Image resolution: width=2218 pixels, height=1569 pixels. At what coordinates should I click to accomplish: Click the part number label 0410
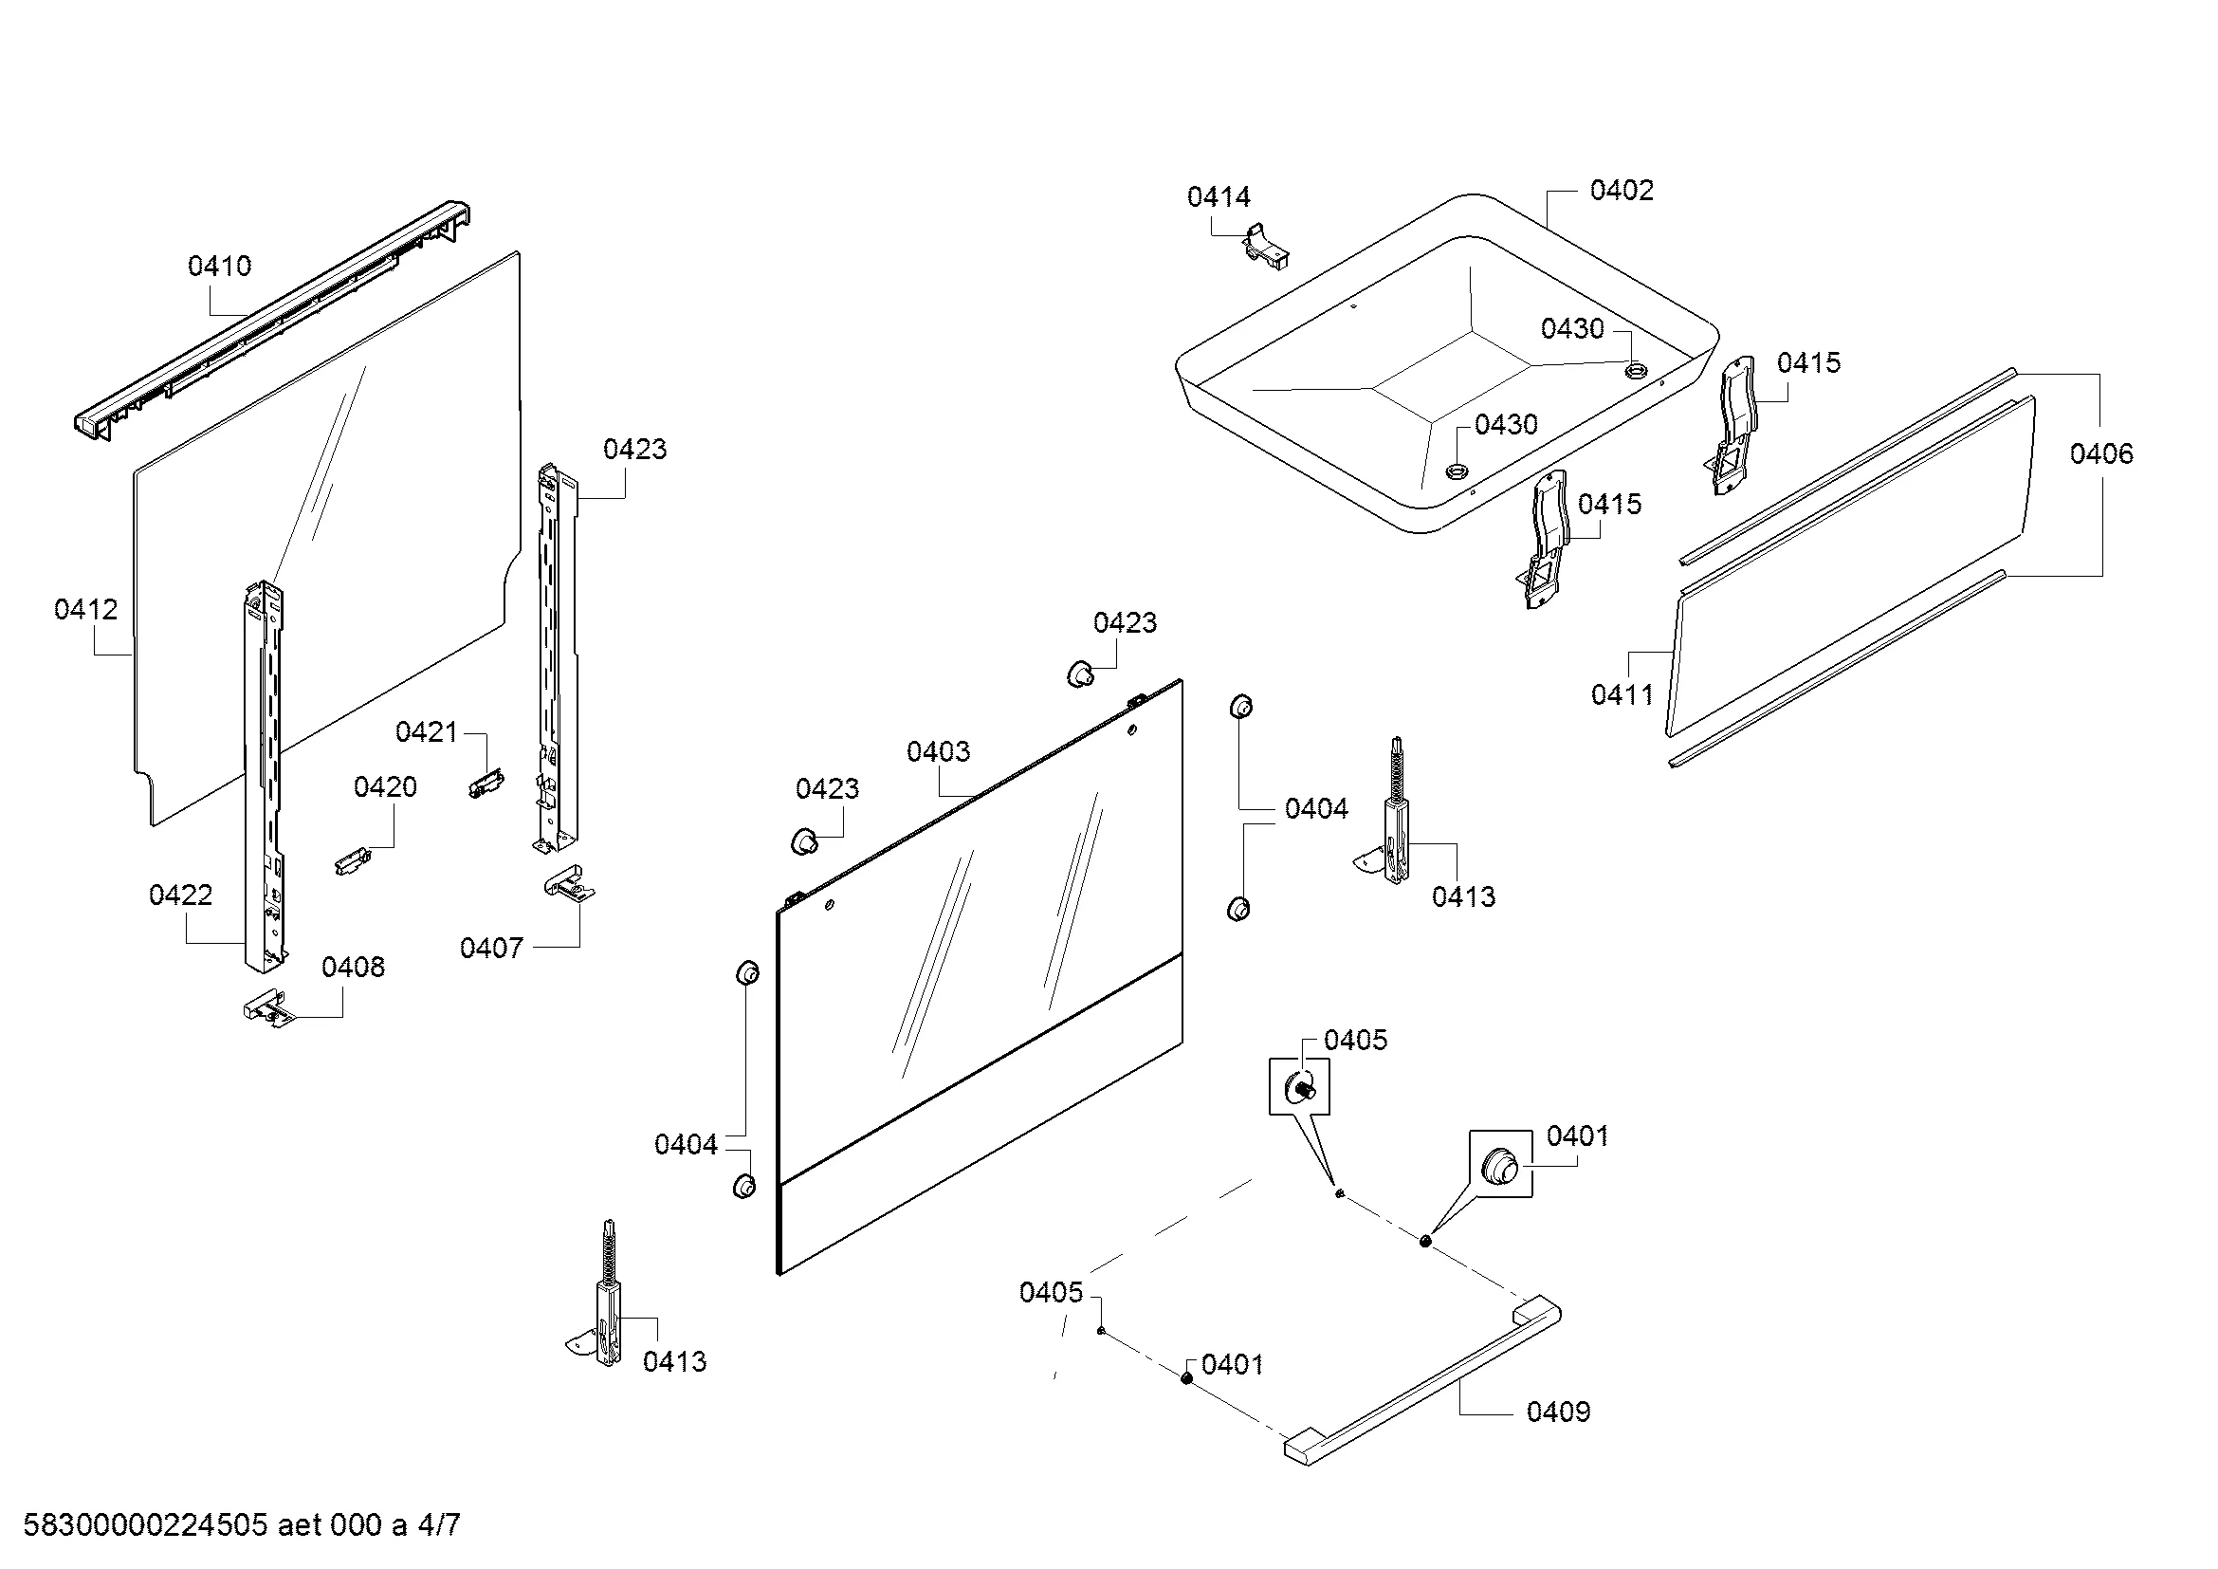click(219, 266)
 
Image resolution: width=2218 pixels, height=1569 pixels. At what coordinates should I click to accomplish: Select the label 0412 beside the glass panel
click(86, 610)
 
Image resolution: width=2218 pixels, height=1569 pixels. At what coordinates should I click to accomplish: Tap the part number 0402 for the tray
click(1621, 191)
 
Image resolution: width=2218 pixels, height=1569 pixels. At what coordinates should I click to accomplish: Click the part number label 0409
click(1557, 1412)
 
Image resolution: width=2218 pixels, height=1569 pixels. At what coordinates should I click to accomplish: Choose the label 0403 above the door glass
click(938, 751)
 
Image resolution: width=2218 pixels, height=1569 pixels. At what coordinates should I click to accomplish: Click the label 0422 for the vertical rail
click(181, 895)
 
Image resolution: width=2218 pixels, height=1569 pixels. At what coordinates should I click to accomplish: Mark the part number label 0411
click(1622, 693)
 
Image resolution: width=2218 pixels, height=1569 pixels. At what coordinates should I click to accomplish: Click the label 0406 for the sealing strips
click(2101, 453)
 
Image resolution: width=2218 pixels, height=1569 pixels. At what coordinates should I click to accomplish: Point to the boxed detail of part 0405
click(1298, 1087)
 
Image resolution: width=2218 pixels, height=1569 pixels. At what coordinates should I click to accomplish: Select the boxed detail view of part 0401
click(1500, 1164)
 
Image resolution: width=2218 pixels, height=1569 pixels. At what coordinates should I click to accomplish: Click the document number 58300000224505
click(145, 1525)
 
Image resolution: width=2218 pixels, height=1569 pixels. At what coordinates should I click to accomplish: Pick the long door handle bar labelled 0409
click(1421, 1382)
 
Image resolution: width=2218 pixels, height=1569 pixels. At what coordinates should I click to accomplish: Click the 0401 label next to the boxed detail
click(1577, 1136)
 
